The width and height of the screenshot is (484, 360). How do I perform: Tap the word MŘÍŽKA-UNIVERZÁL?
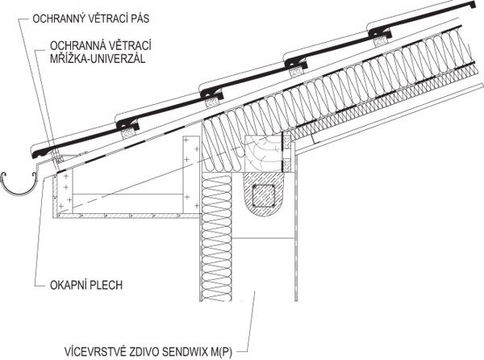pos(98,58)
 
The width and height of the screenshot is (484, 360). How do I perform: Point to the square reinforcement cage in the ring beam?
pos(263,196)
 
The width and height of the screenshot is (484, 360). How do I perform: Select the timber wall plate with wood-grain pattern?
pos(263,153)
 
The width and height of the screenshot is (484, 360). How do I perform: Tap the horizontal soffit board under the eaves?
pos(127,216)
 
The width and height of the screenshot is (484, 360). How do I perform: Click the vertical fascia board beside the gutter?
pos(55,194)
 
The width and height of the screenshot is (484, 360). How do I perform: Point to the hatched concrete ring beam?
pos(263,195)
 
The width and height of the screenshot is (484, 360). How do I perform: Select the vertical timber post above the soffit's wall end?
pos(191,174)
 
